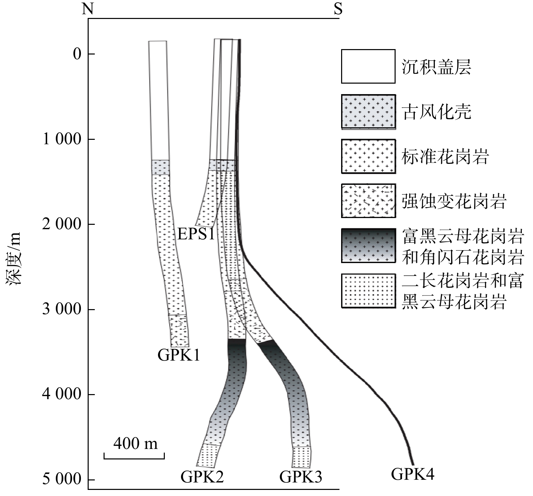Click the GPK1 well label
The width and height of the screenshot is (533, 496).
pos(179,355)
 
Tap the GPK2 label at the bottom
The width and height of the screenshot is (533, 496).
pos(202,477)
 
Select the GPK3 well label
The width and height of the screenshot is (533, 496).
pos(301,477)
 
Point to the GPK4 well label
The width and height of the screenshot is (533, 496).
pos(413,474)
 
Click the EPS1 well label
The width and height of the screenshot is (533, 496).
pos(196,234)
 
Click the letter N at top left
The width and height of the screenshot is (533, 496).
pos(88,9)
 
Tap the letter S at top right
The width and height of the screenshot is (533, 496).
pos(338,9)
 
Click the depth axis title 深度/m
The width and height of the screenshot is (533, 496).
pos(15,259)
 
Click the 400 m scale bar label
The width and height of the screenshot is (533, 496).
pos(135,443)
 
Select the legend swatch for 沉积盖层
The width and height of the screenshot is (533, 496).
pos(368,66)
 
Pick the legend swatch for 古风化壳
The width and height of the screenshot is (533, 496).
pos(368,112)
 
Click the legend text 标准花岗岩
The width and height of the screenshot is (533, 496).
pos(445,157)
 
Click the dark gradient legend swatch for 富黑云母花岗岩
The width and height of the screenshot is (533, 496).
pos(368,246)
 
